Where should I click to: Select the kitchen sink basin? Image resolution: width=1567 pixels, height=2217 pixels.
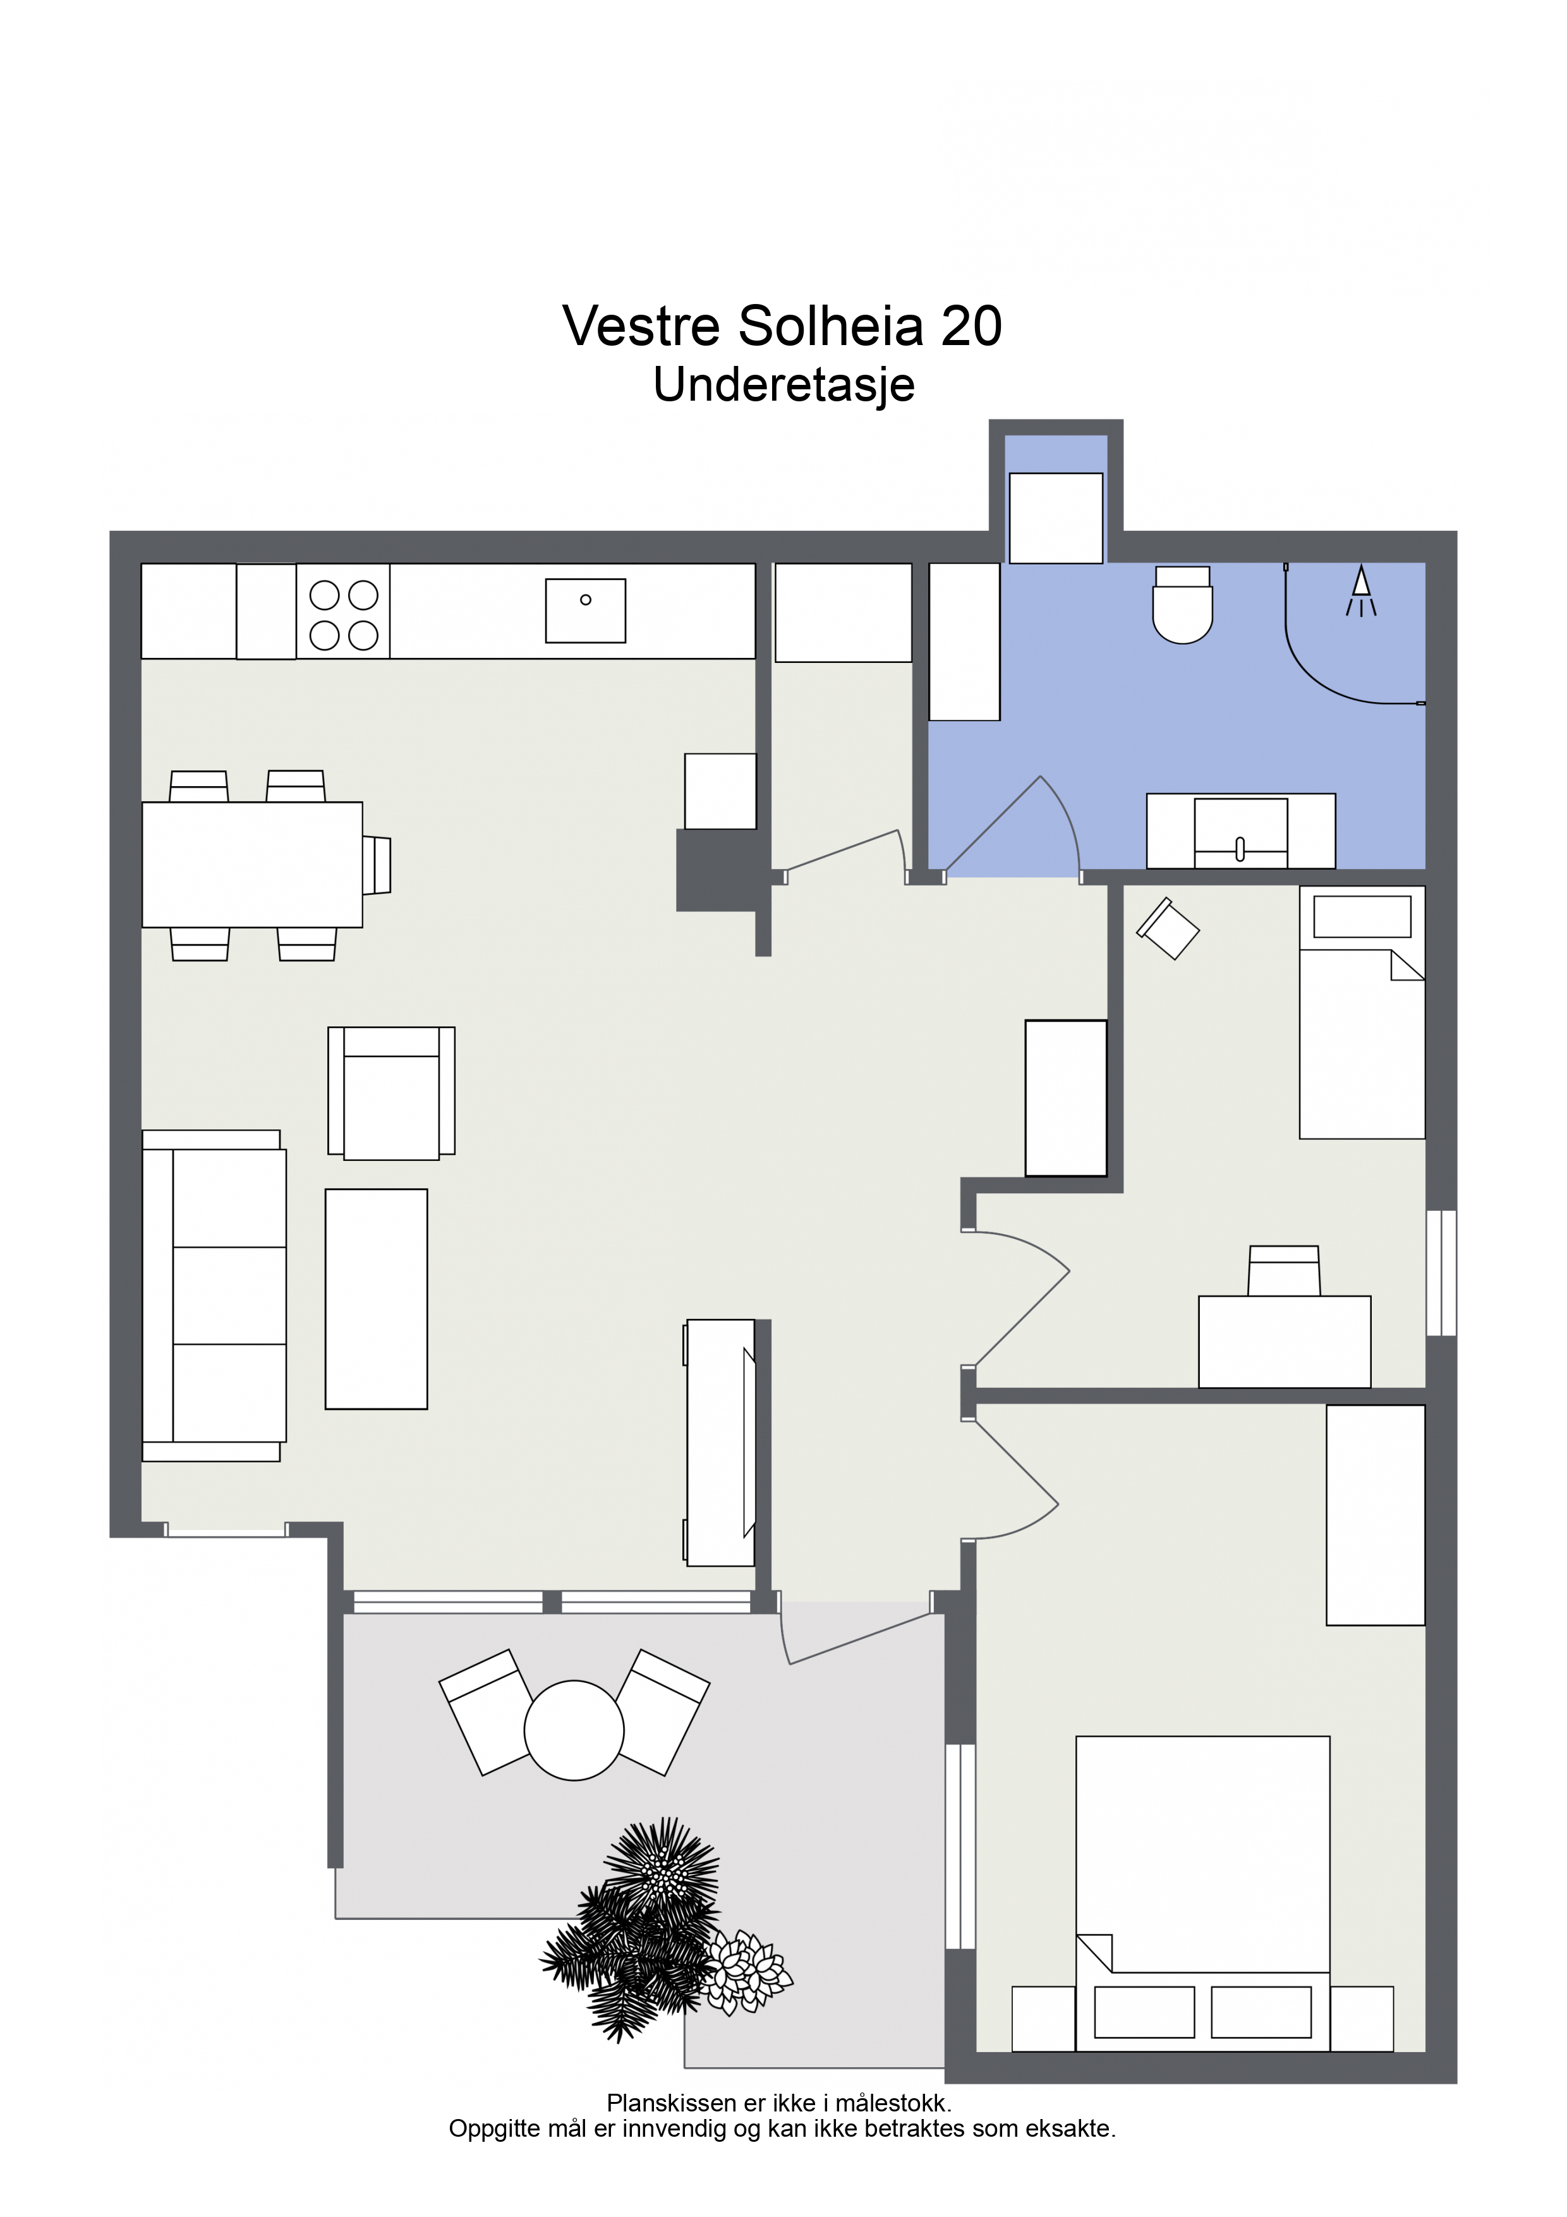point(585,610)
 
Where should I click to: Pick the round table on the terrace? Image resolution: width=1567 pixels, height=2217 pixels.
point(574,1730)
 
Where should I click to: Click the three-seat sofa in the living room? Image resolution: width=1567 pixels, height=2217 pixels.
point(214,1295)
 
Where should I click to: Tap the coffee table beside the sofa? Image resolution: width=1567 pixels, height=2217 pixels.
point(377,1299)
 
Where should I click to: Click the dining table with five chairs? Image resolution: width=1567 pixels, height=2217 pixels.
point(252,864)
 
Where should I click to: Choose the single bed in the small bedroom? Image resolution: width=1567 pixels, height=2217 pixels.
point(1362,1012)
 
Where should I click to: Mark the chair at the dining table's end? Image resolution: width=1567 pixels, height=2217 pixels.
point(377,865)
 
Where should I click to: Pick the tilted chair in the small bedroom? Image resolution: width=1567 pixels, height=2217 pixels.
point(1168,928)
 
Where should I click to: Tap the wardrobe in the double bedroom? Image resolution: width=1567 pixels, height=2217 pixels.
point(1375,1515)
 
